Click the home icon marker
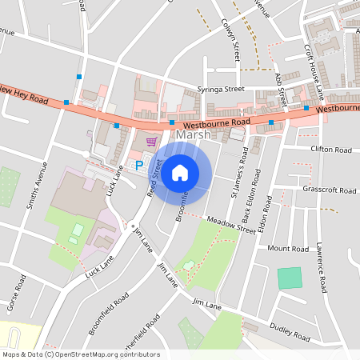click(x=180, y=172)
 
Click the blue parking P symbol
click(x=138, y=166)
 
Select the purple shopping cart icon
click(x=150, y=142)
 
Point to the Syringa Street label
click(x=221, y=90)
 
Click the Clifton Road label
click(x=330, y=150)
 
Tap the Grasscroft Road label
click(x=330, y=190)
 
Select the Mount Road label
click(x=288, y=249)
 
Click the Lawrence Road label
click(x=321, y=267)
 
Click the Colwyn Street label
click(x=237, y=42)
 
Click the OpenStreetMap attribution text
click(x=81, y=354)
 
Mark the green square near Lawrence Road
click(x=290, y=278)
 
